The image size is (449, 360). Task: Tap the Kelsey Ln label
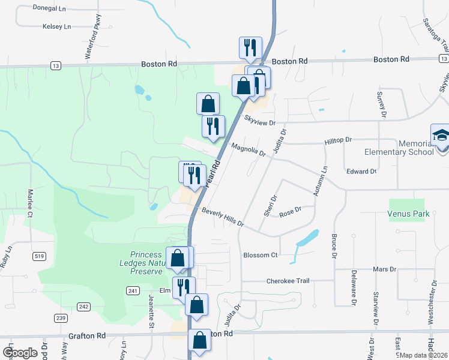click(x=56, y=26)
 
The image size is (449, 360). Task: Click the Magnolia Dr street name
click(x=248, y=150)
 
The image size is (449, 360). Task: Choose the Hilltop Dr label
click(x=338, y=139)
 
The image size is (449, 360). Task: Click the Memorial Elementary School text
click(x=415, y=148)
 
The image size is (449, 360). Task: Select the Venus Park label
click(x=408, y=214)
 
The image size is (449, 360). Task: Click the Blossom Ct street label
click(x=261, y=255)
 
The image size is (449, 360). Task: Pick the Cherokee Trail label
click(x=287, y=281)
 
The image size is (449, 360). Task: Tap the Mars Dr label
click(x=384, y=269)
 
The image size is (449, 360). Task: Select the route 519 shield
click(x=40, y=256)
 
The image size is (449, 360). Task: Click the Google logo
click(x=19, y=353)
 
